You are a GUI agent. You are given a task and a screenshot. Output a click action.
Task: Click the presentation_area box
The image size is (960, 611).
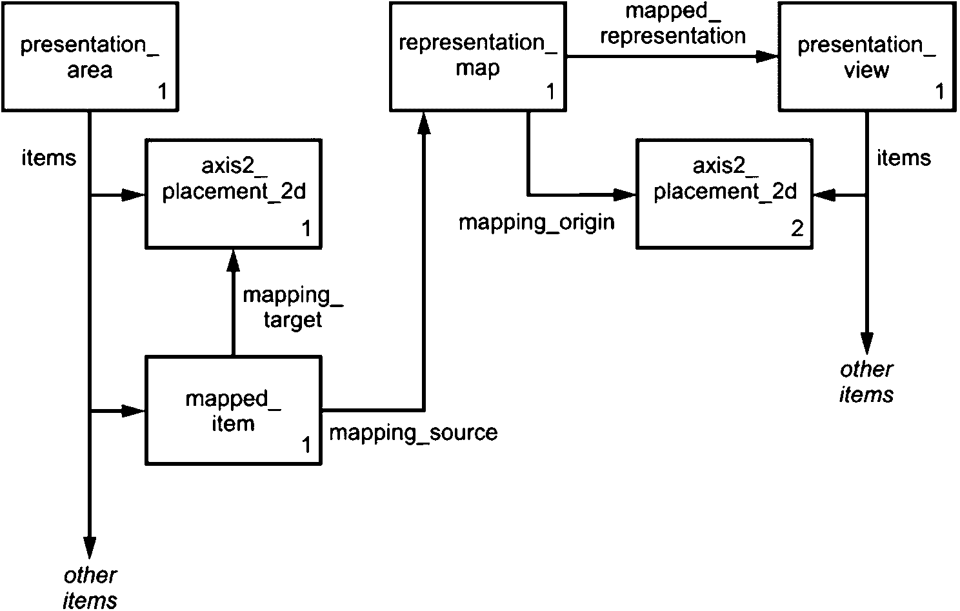pyautogui.click(x=89, y=57)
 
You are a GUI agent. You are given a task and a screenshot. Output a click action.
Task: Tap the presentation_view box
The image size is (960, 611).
pyautogui.click(x=866, y=57)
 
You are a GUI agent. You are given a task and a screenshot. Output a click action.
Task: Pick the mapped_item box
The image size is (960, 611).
pyautogui.click(x=233, y=410)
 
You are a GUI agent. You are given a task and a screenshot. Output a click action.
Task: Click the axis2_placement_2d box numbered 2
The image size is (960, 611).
pyautogui.click(x=725, y=194)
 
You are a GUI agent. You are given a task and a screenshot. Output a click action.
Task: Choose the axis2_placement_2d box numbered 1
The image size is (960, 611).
pyautogui.click(x=233, y=194)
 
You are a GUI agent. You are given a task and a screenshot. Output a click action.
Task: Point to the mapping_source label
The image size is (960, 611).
pyautogui.click(x=414, y=432)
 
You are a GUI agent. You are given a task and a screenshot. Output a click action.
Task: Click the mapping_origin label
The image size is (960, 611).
pyautogui.click(x=536, y=223)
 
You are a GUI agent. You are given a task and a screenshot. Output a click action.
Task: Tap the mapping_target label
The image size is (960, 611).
pyautogui.click(x=292, y=307)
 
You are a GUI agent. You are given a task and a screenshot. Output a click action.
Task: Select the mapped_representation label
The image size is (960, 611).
pyautogui.click(x=673, y=24)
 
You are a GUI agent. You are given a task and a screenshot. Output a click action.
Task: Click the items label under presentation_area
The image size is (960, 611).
pyautogui.click(x=49, y=158)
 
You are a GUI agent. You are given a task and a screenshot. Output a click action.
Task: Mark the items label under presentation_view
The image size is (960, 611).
pyautogui.click(x=903, y=158)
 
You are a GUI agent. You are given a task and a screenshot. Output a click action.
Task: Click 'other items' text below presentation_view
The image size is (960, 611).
pyautogui.click(x=866, y=381)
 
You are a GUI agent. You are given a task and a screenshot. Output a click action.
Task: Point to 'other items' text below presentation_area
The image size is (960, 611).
pyautogui.click(x=90, y=587)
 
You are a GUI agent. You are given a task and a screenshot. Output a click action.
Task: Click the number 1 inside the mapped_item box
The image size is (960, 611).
pyautogui.click(x=306, y=445)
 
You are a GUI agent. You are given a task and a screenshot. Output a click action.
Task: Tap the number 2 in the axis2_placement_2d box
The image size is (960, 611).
pyautogui.click(x=797, y=229)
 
